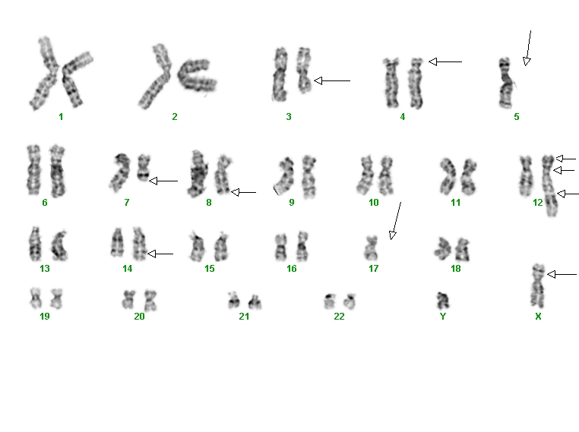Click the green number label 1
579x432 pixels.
click(61, 117)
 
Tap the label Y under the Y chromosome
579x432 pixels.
click(443, 316)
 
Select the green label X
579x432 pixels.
click(538, 316)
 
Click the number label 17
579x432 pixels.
click(373, 269)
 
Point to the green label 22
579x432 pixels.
click(339, 316)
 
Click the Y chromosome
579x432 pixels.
click(443, 301)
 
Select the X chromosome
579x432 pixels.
click(538, 286)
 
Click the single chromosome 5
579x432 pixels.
click(505, 83)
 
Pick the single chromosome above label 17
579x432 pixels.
click(371, 248)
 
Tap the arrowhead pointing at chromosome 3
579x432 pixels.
click(318, 80)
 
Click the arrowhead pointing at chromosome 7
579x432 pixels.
click(153, 181)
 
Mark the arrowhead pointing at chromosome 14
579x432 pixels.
click(151, 254)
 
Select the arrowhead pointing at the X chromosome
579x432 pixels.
click(551, 274)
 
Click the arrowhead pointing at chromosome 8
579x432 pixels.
click(236, 192)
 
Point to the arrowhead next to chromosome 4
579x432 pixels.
click(433, 61)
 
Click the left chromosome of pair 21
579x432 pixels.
click(233, 301)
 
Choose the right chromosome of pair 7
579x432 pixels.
click(144, 169)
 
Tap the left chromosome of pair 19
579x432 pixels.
click(36, 298)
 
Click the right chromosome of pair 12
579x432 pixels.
click(549, 186)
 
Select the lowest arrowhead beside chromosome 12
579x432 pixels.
click(562, 194)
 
